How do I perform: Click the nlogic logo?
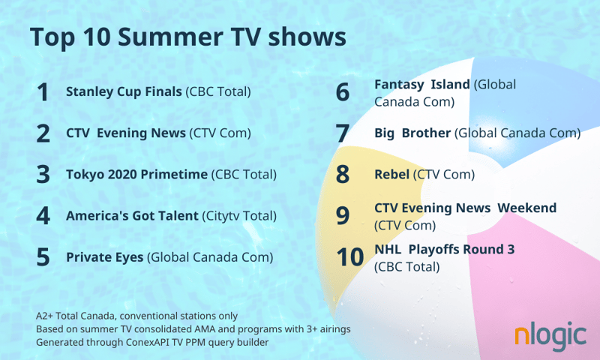pyautogui.click(x=550, y=337)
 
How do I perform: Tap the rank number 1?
pyautogui.click(x=43, y=92)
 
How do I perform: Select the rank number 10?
pyautogui.click(x=349, y=257)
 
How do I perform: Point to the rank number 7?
pyautogui.click(x=343, y=133)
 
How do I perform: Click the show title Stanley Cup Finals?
pyautogui.click(x=124, y=92)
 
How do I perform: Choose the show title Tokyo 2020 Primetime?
pyautogui.click(x=136, y=175)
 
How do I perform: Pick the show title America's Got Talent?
pyautogui.click(x=132, y=216)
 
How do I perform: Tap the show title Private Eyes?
pyautogui.click(x=104, y=257)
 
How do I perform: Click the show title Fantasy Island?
pyautogui.click(x=422, y=85)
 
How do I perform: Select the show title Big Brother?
pyautogui.click(x=412, y=133)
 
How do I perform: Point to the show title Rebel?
pyautogui.click(x=391, y=175)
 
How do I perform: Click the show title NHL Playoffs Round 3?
pyautogui.click(x=444, y=250)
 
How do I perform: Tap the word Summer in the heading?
pyautogui.click(x=170, y=37)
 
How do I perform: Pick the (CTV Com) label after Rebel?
pyautogui.click(x=444, y=175)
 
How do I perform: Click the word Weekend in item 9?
pyautogui.click(x=527, y=208)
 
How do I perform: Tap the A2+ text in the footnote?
pyautogui.click(x=45, y=316)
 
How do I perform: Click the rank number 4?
pyautogui.click(x=43, y=216)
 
